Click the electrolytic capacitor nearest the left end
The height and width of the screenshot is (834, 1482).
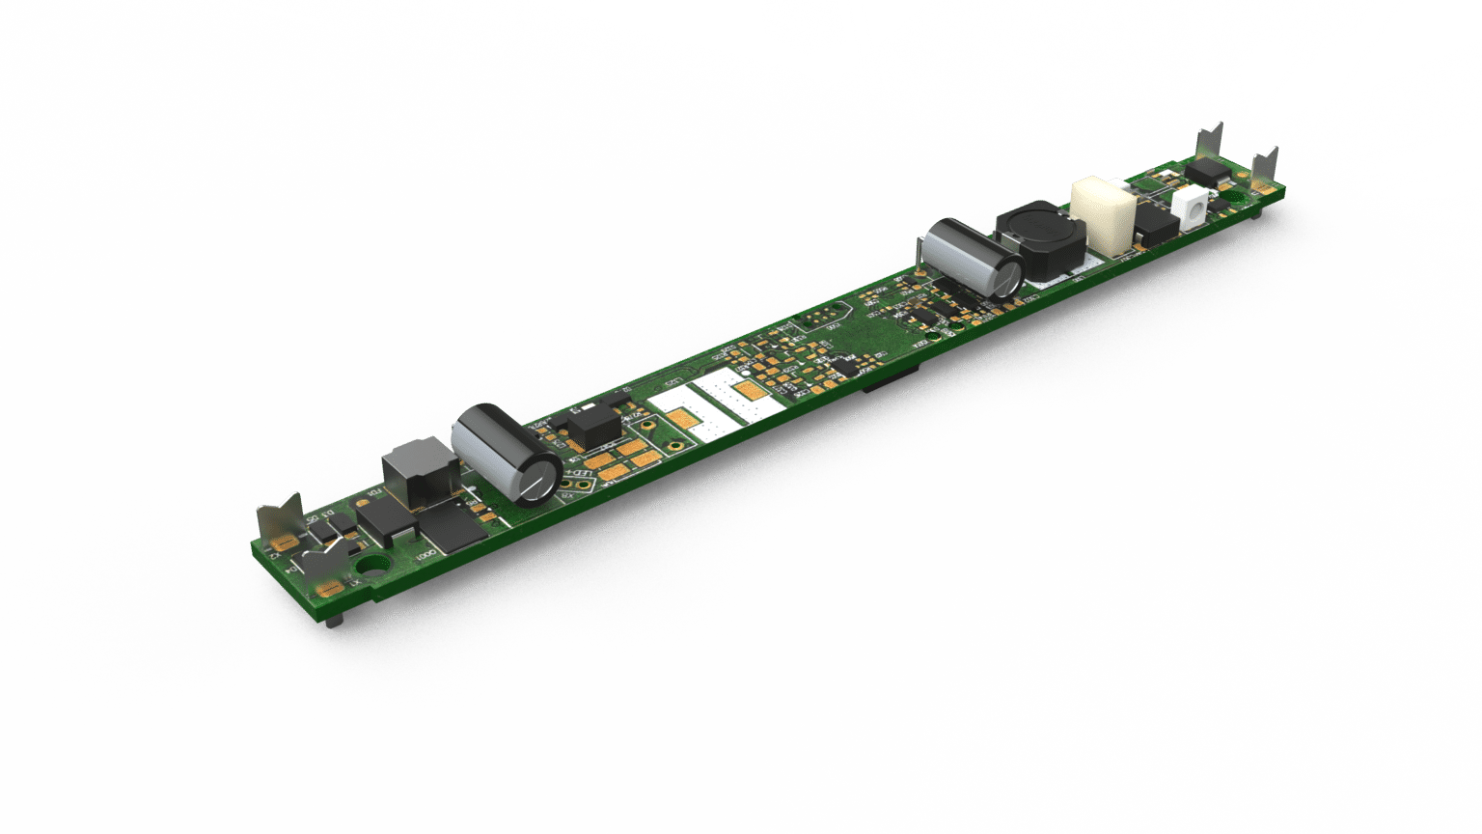[x=507, y=454]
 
